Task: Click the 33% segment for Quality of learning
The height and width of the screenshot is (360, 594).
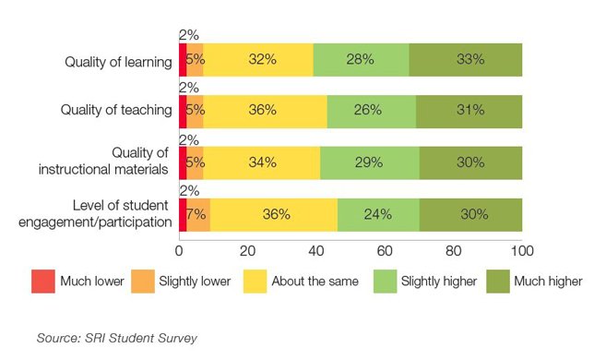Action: point(466,59)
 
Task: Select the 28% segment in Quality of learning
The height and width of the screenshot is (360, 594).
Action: point(361,59)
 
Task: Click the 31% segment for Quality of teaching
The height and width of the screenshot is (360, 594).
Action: point(469,111)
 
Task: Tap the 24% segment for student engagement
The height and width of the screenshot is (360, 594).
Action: point(378,214)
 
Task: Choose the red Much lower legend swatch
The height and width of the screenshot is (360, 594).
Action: point(43,281)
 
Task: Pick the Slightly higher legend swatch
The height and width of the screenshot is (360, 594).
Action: point(386,281)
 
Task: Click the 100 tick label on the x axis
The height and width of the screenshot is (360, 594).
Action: point(521,250)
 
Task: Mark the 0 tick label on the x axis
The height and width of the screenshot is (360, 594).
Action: point(179,250)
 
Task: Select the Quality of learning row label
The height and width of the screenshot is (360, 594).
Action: point(118,62)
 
